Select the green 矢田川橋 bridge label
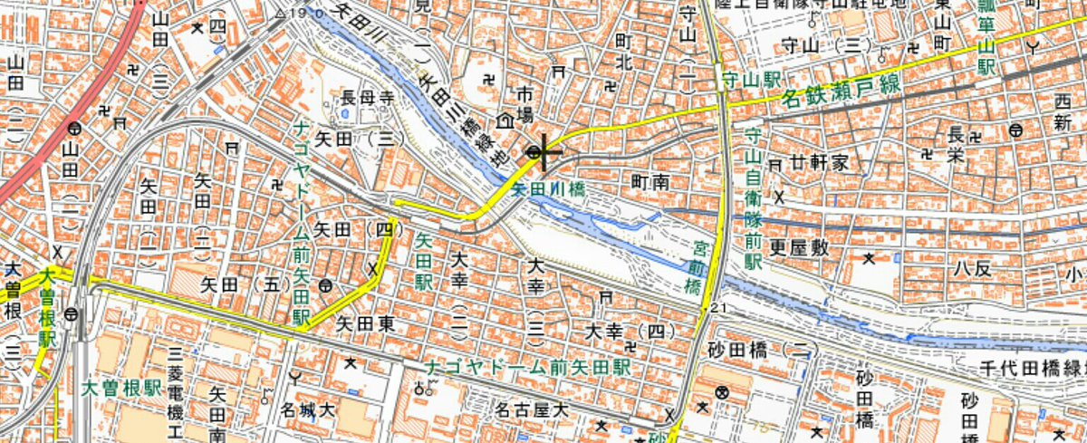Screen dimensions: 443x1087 tap(547, 191)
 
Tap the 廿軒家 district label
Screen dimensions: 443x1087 tap(818, 163)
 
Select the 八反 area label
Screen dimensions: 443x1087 tap(974, 267)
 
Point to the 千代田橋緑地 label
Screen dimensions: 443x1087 tap(1033, 368)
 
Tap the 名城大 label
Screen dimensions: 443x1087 tap(309, 410)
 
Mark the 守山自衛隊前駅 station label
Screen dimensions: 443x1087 tap(753, 198)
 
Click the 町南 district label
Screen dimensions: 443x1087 tap(649, 182)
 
